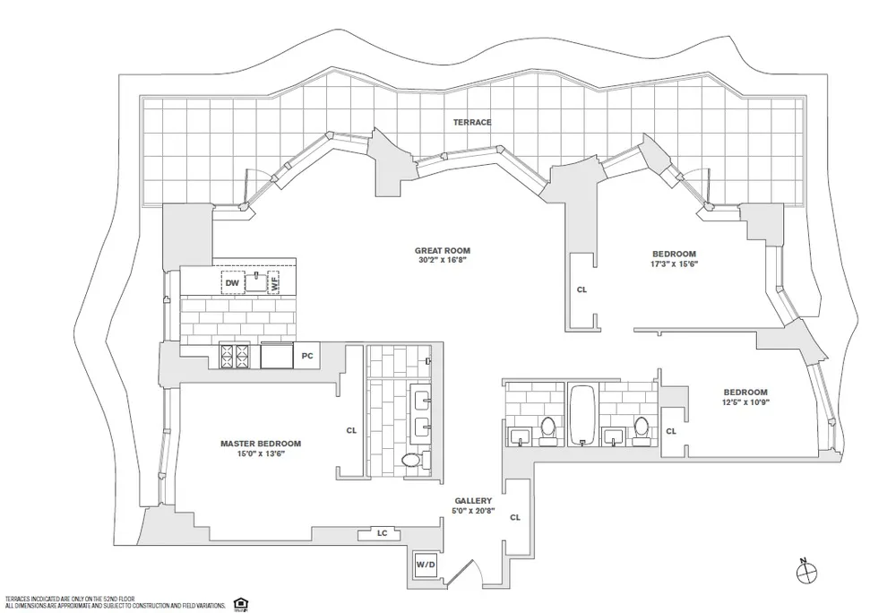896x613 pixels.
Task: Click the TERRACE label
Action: pyautogui.click(x=471, y=122)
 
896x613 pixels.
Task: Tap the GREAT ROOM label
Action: pyautogui.click(x=442, y=251)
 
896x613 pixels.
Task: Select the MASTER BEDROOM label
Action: pyautogui.click(x=261, y=443)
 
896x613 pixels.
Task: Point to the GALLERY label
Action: pyautogui.click(x=473, y=500)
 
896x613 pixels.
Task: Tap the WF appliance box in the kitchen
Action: pyautogui.click(x=274, y=282)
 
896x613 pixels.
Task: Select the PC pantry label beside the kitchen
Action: pyautogui.click(x=306, y=356)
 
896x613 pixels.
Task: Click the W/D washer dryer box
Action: pyautogui.click(x=424, y=565)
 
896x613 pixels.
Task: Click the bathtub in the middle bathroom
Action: pyautogui.click(x=582, y=413)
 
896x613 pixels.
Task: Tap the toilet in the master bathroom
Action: pyautogui.click(x=411, y=460)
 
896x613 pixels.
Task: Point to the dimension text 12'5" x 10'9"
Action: pyautogui.click(x=745, y=403)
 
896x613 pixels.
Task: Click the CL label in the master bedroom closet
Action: pyautogui.click(x=351, y=430)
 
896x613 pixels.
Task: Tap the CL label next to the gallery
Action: pyautogui.click(x=514, y=517)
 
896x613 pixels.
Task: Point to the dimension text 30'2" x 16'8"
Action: pyautogui.click(x=442, y=262)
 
